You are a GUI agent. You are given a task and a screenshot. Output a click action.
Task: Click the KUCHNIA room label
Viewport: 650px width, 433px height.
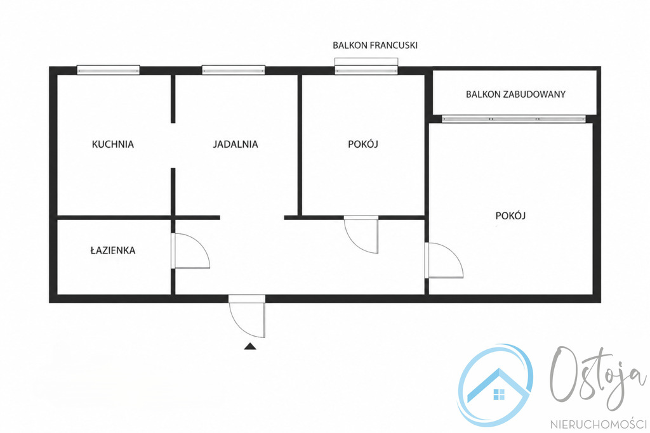(113, 144)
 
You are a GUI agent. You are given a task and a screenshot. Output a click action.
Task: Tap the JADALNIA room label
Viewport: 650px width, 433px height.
(235, 144)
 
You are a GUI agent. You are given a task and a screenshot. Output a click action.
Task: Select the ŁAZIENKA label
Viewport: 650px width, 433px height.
(113, 250)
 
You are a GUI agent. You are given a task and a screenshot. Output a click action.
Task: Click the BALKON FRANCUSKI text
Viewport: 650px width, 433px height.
(375, 45)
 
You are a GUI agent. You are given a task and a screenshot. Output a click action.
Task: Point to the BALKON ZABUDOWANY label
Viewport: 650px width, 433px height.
(515, 94)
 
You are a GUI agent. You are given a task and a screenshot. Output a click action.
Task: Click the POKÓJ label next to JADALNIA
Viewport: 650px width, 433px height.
(363, 144)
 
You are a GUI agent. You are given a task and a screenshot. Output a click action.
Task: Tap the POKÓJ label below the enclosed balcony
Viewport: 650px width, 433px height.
(511, 216)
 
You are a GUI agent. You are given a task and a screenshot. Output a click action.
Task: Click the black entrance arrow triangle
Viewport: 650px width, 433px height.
(249, 347)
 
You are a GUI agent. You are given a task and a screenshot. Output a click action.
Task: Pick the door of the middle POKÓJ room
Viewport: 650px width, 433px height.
(361, 235)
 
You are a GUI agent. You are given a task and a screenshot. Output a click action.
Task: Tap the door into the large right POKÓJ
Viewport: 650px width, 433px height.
(444, 260)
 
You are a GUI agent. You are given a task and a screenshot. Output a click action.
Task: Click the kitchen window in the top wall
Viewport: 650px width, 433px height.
(108, 70)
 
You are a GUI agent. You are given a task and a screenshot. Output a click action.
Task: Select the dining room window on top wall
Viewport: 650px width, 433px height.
(234, 70)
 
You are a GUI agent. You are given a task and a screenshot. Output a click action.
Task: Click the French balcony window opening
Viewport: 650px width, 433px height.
(366, 66)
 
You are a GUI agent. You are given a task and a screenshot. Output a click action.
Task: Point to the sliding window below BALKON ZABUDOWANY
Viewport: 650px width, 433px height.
(514, 119)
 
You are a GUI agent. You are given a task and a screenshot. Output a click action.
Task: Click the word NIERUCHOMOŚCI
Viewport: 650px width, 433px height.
(598, 424)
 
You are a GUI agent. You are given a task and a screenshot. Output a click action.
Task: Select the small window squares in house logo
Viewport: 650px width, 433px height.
(499, 394)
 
